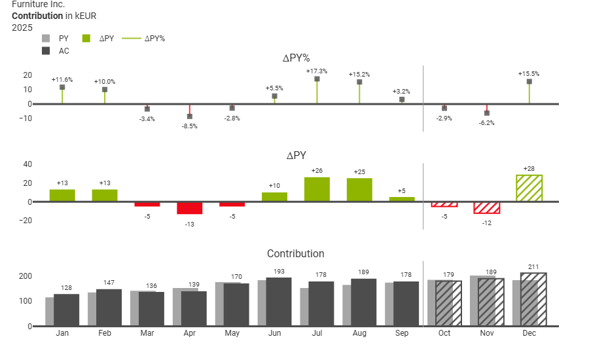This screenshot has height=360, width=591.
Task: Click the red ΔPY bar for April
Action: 189,208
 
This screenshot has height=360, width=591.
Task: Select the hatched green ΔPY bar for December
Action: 529,189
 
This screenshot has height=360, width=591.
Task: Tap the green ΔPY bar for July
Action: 317,189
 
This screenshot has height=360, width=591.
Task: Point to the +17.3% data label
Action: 317,71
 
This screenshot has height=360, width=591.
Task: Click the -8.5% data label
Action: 189,126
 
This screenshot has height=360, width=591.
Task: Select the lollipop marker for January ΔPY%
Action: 62,87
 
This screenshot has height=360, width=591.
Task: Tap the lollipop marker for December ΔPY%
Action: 529,82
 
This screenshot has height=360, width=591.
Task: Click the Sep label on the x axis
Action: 402,333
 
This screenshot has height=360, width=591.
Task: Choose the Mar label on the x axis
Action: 147,333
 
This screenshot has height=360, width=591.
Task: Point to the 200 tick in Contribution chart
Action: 25,276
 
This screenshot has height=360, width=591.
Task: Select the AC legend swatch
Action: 46,50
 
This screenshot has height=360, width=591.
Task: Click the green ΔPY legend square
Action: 86,38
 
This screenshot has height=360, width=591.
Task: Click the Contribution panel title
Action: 295,254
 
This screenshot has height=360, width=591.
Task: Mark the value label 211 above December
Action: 529,266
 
